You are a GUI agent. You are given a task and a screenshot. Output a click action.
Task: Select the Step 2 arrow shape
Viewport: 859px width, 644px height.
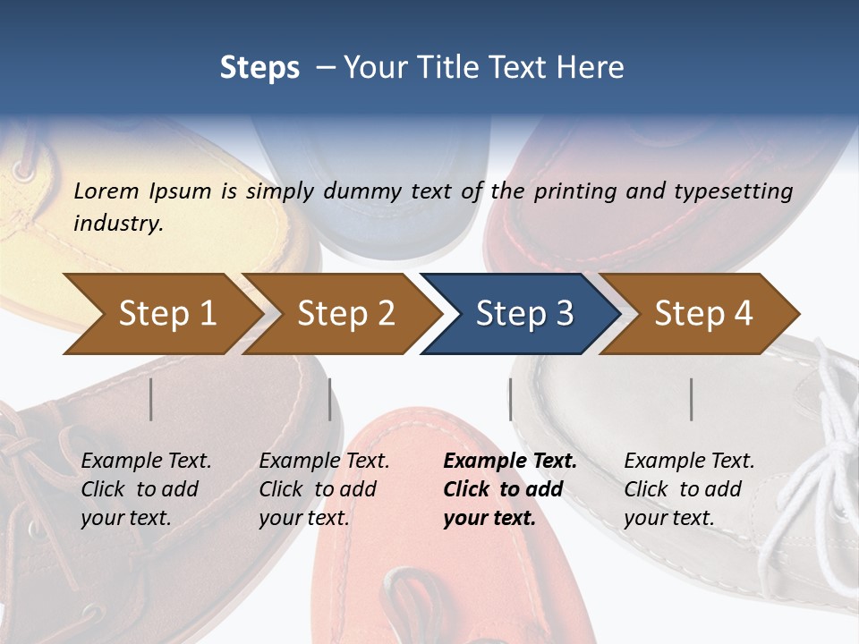[x=344, y=314]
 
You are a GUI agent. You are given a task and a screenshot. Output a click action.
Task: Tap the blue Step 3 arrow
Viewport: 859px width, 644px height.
[x=523, y=314]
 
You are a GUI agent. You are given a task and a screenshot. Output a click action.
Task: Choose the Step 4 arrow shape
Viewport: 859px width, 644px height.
[x=703, y=314]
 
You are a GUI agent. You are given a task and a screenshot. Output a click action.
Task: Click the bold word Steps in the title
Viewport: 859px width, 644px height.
[x=259, y=67]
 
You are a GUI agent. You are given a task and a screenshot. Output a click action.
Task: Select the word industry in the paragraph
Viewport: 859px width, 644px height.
[x=117, y=223]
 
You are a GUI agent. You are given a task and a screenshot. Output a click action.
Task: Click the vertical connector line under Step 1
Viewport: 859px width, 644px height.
[x=151, y=399]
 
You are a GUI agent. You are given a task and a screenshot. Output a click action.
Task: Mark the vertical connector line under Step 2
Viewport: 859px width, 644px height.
[x=330, y=399]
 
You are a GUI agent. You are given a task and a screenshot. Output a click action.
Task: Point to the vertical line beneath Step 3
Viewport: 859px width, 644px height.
[x=510, y=399]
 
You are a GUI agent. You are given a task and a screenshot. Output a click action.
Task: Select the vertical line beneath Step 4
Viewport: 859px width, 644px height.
[x=692, y=399]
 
